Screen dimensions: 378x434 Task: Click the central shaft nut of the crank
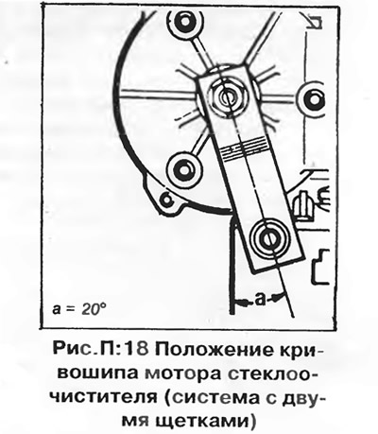226,95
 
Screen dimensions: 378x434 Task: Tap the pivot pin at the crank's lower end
269,238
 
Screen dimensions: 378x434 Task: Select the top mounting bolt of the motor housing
184,22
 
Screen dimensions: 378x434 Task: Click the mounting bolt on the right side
312,99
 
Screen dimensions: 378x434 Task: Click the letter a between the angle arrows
260,300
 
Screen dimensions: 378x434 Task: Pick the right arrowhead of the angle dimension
277,297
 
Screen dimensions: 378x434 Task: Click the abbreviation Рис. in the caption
70,350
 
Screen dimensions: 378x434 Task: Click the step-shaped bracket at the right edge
320,267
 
